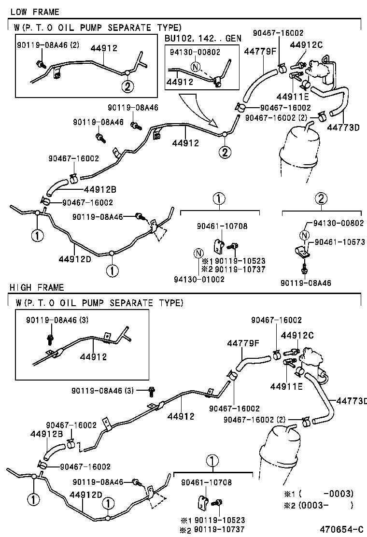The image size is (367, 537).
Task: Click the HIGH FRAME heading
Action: click(x=37, y=287)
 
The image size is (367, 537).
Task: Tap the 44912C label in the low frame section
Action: click(x=306, y=45)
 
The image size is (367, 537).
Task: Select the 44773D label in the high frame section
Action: click(x=351, y=400)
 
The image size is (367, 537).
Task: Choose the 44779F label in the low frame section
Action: click(x=260, y=50)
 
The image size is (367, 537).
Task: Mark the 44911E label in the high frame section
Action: click(x=286, y=386)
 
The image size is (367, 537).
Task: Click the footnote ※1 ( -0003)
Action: click(x=325, y=494)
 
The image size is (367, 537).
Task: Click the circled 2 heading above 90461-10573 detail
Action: click(x=322, y=198)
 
